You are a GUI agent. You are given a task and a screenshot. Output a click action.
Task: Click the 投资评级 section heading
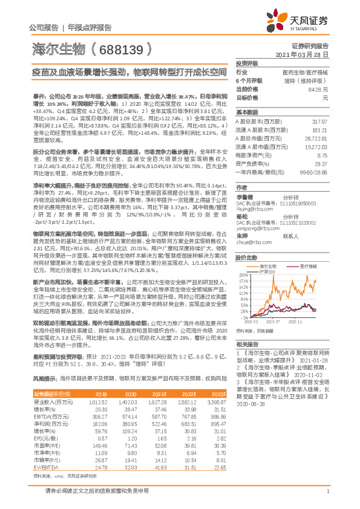click(x=247, y=63)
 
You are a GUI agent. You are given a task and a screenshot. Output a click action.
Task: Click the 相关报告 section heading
click(x=247, y=342)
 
